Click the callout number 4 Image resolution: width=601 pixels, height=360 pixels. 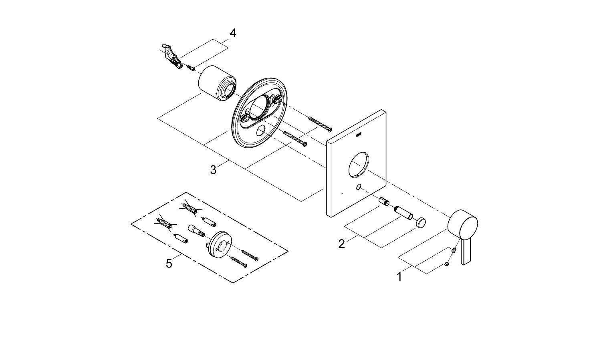[x=232, y=33]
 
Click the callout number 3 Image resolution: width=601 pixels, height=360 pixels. [x=213, y=170]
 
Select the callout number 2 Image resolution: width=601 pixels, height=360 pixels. [x=341, y=243]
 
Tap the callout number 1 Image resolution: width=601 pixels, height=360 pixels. [x=399, y=276]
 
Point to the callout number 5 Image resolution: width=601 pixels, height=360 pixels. [x=169, y=263]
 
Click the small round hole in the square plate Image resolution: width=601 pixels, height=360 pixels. [x=358, y=187]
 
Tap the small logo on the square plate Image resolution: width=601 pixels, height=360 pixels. [x=359, y=135]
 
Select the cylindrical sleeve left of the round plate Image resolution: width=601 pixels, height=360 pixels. [x=217, y=82]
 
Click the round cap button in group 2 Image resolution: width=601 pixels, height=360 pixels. [x=420, y=223]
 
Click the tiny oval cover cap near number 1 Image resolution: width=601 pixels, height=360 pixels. [x=447, y=264]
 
